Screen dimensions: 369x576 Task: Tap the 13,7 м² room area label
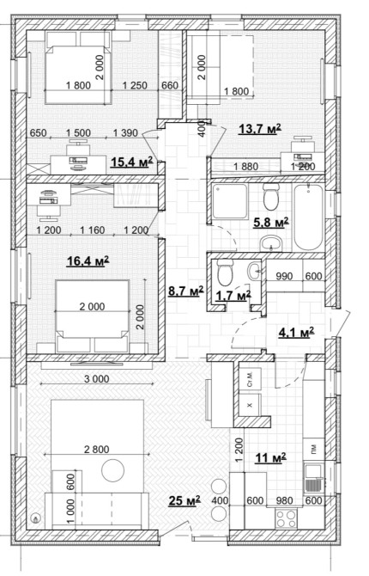coord(260,129)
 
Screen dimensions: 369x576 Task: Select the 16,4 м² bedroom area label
coord(88,261)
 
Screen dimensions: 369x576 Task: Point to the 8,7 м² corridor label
coord(185,291)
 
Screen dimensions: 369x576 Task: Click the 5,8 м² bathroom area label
coord(271,223)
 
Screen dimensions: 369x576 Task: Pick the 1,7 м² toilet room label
coord(233,295)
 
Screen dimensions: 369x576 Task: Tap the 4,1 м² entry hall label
coord(296,333)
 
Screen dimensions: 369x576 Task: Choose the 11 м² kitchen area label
coord(270,458)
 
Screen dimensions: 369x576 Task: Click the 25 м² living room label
coord(184,500)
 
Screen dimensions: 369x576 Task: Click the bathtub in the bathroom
coord(308,218)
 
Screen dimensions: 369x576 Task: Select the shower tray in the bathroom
coord(230,201)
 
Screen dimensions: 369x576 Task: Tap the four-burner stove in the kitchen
coord(286,518)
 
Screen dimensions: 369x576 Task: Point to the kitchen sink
coord(313,478)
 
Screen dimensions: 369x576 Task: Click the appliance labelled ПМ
coord(313,449)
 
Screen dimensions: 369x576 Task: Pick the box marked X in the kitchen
coord(251,405)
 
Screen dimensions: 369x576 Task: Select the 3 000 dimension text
coord(96,379)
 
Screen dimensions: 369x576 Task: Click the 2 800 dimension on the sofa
coord(96,449)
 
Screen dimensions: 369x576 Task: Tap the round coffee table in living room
coord(112,470)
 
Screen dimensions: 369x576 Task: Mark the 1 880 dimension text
coord(245,167)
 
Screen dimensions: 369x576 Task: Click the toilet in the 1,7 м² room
coord(224,273)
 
